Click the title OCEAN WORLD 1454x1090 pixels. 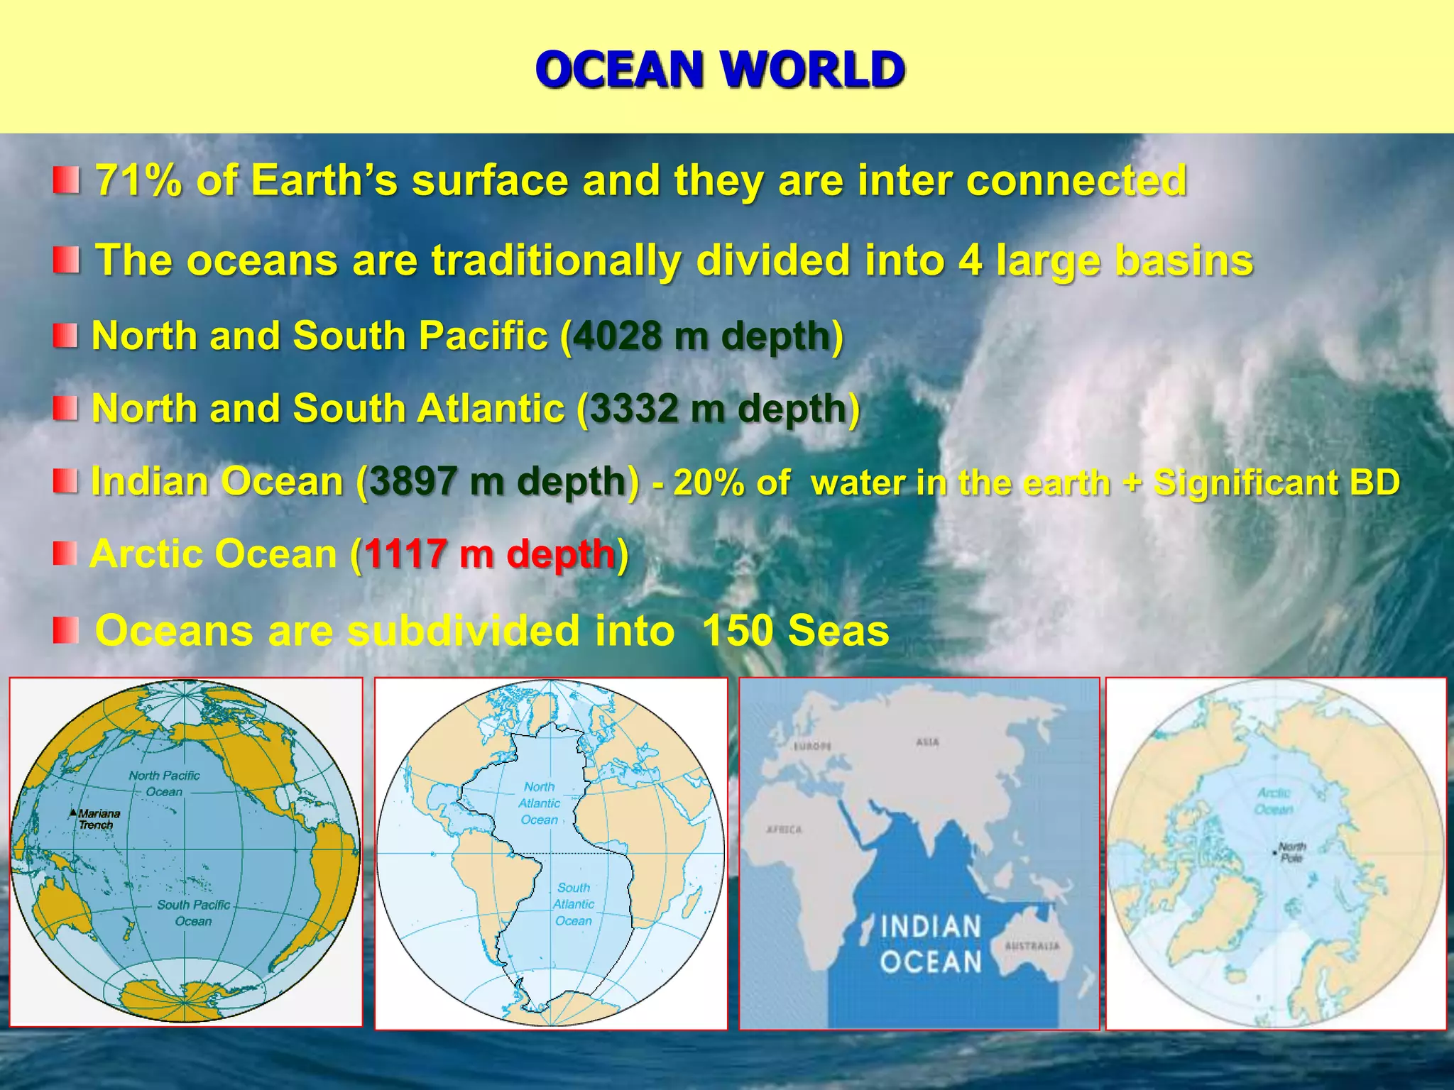tap(720, 70)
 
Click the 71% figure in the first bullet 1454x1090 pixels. tap(139, 180)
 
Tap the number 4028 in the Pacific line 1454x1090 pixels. tap(617, 335)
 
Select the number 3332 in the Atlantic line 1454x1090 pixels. tap(634, 409)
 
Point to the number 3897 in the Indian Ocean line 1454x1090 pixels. tap(413, 482)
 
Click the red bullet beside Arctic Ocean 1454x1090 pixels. tap(65, 554)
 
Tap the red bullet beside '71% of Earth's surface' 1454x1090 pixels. tap(66, 180)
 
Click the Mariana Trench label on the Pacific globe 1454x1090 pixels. tap(98, 819)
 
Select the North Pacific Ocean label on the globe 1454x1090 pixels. tap(164, 783)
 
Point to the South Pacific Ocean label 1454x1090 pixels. tap(193, 913)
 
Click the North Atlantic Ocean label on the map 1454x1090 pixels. tap(540, 803)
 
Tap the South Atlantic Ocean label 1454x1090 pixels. tap(573, 904)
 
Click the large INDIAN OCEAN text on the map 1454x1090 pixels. tap(931, 944)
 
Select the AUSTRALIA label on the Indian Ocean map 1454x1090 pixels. tap(1032, 946)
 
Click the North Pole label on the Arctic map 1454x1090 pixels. tap(1291, 852)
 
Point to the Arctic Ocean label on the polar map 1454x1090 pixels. tap(1274, 801)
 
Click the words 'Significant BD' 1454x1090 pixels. tap(1276, 483)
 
